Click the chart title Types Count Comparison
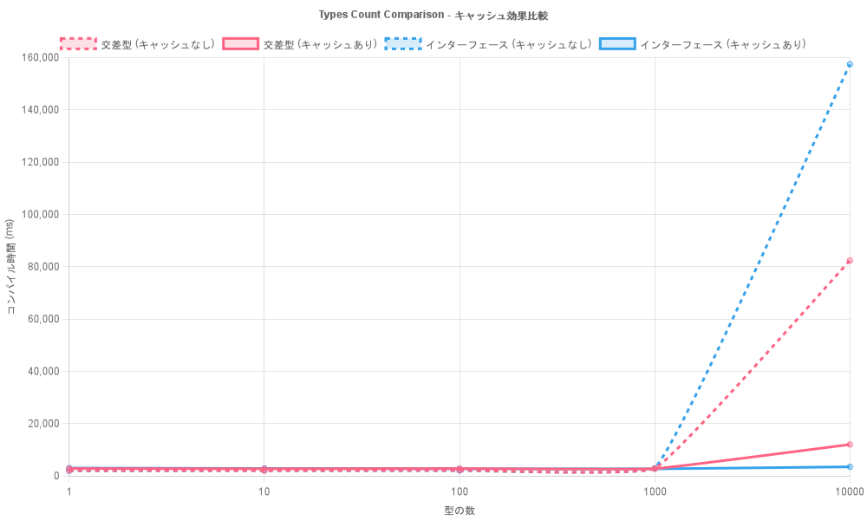tap(433, 15)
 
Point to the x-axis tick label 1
tap(68, 491)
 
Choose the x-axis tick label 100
tap(460, 491)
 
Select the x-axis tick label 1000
tap(655, 491)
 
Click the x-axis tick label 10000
tap(849, 491)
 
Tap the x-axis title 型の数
tap(459, 510)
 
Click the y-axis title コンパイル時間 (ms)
tap(10, 266)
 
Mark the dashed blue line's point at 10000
tap(850, 64)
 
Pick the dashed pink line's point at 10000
tap(850, 260)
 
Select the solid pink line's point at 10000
tap(850, 444)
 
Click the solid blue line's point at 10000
tap(850, 466)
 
